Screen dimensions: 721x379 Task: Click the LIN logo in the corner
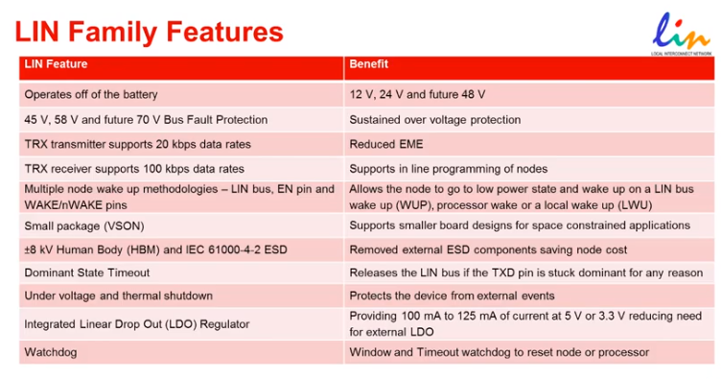click(682, 34)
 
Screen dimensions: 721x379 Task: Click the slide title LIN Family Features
click(149, 32)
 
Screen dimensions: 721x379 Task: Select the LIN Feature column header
click(56, 64)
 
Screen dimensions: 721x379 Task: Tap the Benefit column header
click(369, 64)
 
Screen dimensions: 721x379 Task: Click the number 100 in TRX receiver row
click(152, 169)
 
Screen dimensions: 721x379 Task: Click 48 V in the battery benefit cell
click(474, 94)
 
